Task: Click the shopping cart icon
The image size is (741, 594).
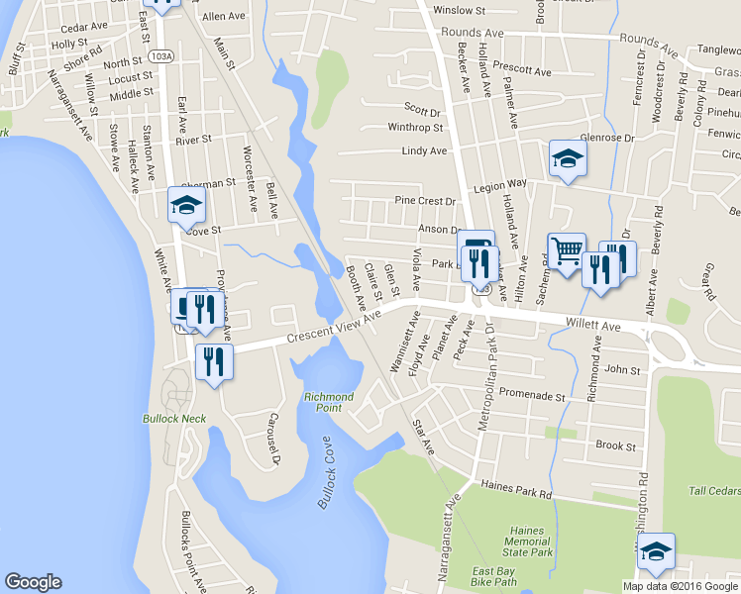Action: [566, 252]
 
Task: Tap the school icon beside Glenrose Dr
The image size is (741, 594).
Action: [568, 158]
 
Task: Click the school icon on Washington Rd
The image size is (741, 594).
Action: [655, 551]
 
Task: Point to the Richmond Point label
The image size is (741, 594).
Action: [329, 402]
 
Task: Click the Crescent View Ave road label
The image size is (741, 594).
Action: [334, 327]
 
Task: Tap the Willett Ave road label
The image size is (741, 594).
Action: [592, 324]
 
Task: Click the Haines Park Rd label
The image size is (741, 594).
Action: [515, 489]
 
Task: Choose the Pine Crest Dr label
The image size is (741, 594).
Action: [425, 201]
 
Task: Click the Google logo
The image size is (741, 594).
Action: [33, 582]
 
